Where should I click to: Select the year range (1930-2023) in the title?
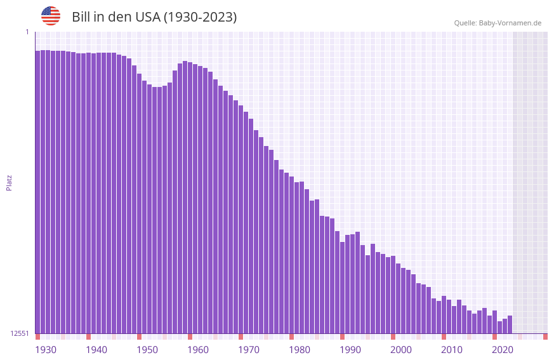point(200,17)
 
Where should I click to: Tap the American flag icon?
point(51,16)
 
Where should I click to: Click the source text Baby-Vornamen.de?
point(510,23)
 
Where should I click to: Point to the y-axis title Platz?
point(9,182)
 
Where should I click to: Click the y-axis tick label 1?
point(27,32)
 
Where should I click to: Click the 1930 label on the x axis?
point(46,350)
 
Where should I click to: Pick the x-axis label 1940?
point(96,350)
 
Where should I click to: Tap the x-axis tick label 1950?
point(147,350)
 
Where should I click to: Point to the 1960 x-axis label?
point(198,350)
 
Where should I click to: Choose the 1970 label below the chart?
point(249,350)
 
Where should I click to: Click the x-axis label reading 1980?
point(300,350)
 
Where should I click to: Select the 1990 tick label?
point(350,350)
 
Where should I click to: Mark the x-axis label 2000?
point(401,350)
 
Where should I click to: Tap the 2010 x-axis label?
point(452,350)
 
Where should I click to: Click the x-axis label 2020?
point(503,350)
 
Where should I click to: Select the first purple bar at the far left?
point(37,190)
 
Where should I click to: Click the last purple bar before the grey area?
point(510,324)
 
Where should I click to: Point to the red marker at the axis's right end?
point(545,336)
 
